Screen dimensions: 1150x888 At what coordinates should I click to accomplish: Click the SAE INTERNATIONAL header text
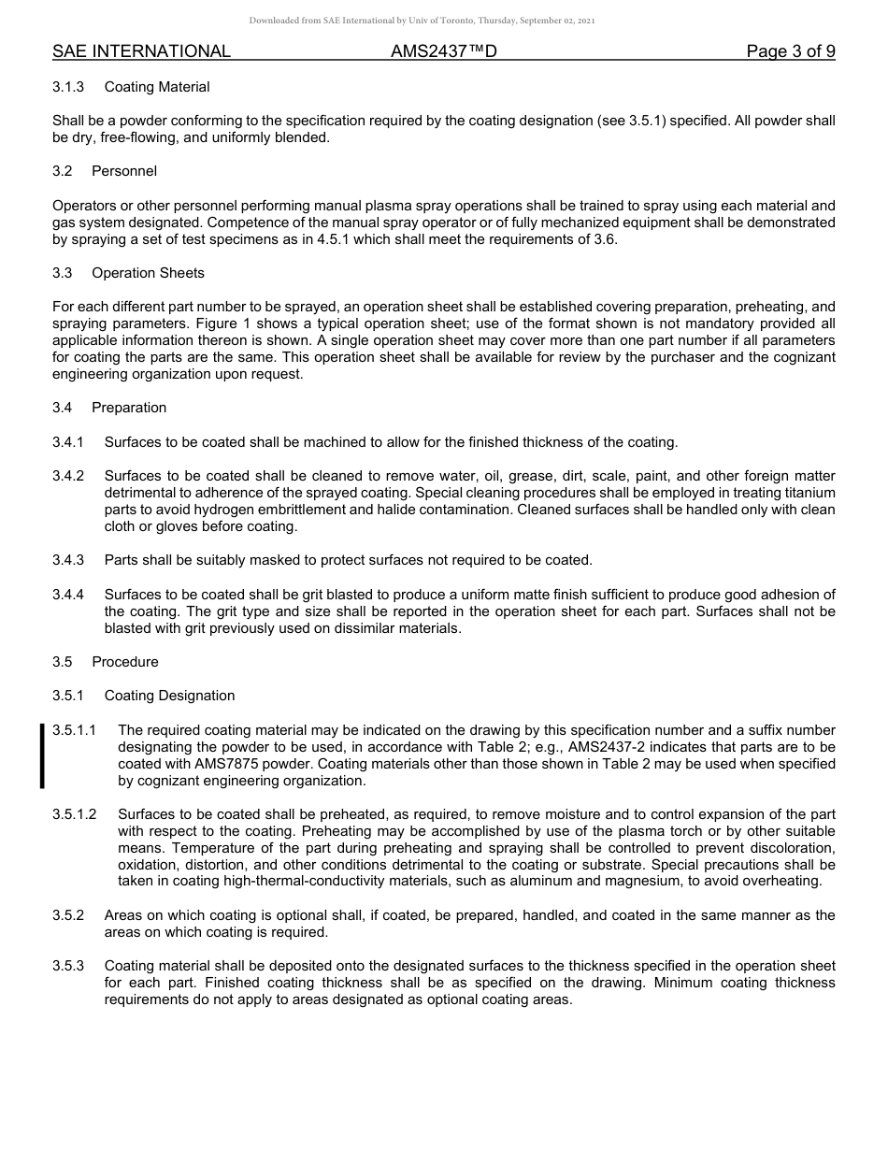pyautogui.click(x=141, y=51)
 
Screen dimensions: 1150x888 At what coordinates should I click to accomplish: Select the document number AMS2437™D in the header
pyautogui.click(x=443, y=51)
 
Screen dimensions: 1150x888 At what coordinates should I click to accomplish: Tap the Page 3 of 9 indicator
pyautogui.click(x=790, y=51)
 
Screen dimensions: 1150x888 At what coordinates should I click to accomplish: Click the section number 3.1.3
pyautogui.click(x=68, y=87)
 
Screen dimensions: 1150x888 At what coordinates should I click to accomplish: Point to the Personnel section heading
pyautogui.click(x=124, y=171)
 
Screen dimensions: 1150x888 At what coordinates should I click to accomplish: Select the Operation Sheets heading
pyautogui.click(x=148, y=273)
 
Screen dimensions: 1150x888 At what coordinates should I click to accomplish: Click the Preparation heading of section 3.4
pyautogui.click(x=129, y=408)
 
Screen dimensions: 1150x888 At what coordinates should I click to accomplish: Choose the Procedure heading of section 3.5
pyautogui.click(x=125, y=662)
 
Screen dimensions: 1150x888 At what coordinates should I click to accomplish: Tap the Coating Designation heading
pyautogui.click(x=169, y=696)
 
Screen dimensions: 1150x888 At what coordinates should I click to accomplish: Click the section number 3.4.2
pyautogui.click(x=68, y=476)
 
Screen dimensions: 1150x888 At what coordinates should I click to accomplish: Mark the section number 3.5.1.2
pyautogui.click(x=75, y=814)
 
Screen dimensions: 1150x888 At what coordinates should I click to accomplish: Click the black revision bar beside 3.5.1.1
pyautogui.click(x=42, y=755)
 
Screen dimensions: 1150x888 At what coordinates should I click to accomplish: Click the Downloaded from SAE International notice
pyautogui.click(x=422, y=20)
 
